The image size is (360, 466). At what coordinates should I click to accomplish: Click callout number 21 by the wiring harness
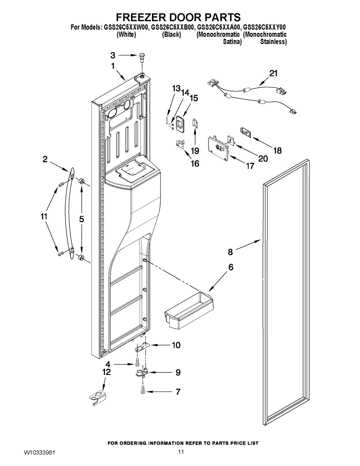(273, 73)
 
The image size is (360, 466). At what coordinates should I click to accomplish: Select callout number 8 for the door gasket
(230, 252)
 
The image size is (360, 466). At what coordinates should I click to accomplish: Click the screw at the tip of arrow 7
(142, 392)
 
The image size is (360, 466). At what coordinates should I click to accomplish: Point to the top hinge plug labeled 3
(141, 57)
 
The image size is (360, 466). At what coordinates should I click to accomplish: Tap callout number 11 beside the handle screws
(44, 216)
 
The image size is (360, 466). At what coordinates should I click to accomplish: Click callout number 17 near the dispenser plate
(250, 166)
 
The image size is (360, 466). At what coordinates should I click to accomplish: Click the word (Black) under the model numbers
(171, 35)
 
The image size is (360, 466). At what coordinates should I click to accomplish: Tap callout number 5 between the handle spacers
(81, 219)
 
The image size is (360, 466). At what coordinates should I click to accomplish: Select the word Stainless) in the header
(274, 42)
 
